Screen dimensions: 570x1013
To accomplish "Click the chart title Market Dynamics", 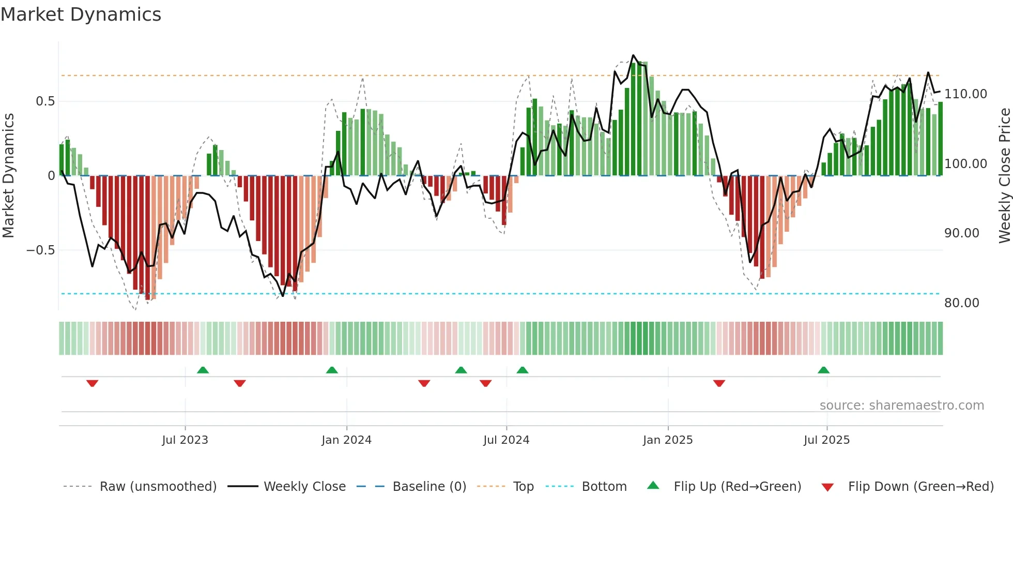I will tap(81, 14).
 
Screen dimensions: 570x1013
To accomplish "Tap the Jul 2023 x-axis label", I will tap(185, 440).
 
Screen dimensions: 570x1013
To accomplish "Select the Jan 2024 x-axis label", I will tap(346, 440).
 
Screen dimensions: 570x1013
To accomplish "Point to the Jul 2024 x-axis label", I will tap(507, 440).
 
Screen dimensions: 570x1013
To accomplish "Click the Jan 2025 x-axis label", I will tap(668, 440).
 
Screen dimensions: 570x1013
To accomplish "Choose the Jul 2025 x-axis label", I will tap(826, 440).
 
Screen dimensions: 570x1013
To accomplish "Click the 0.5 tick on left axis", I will tap(45, 101).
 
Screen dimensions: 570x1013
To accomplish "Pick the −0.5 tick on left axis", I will tap(40, 250).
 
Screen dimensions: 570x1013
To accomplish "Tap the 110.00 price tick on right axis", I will tap(965, 94).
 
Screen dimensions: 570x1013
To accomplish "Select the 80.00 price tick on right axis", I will tap(961, 303).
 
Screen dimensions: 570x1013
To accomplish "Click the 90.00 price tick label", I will tap(961, 233).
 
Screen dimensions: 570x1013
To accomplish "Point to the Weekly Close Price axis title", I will tap(1004, 176).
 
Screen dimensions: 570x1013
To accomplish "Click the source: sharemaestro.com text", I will tap(901, 406).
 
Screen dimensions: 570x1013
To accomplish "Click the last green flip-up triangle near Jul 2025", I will tap(823, 370).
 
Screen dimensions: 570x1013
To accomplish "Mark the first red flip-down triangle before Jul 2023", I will tap(93, 383).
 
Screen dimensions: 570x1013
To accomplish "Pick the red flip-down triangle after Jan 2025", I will tap(719, 383).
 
